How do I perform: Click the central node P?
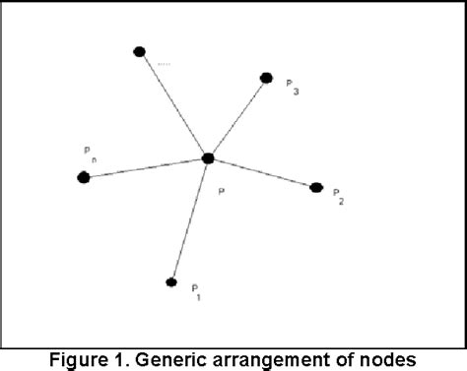[x=208, y=157]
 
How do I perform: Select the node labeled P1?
[x=171, y=282]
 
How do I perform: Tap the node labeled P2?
[x=316, y=187]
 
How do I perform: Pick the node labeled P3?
[x=266, y=78]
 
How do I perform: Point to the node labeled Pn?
[x=84, y=177]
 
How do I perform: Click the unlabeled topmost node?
[x=140, y=51]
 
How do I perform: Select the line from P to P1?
[x=190, y=219]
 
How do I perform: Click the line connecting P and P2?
[x=262, y=172]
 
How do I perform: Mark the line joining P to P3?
[x=237, y=117]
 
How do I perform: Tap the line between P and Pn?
[x=146, y=167]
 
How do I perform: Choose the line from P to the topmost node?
[x=173, y=104]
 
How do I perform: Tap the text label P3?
[x=292, y=87]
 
